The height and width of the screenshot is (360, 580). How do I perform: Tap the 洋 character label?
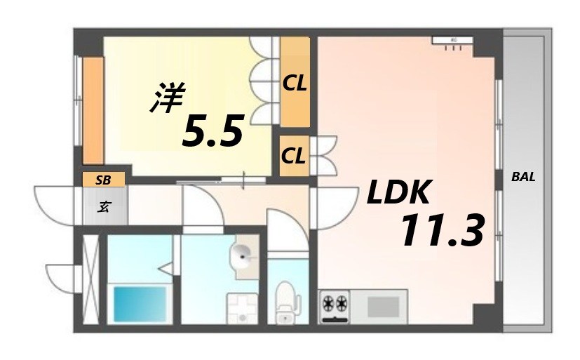[x=167, y=98]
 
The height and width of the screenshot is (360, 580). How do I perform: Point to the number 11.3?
[x=442, y=231]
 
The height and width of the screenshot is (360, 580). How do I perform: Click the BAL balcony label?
[x=523, y=177]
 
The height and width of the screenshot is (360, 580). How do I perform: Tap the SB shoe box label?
[x=103, y=180]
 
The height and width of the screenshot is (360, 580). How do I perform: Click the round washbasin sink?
[x=243, y=257]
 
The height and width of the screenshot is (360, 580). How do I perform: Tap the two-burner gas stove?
[x=335, y=305]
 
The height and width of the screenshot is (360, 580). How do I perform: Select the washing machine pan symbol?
[x=241, y=307]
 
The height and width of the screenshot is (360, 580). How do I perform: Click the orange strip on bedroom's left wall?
[x=93, y=111]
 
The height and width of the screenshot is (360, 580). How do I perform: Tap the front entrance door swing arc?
[x=56, y=204]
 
